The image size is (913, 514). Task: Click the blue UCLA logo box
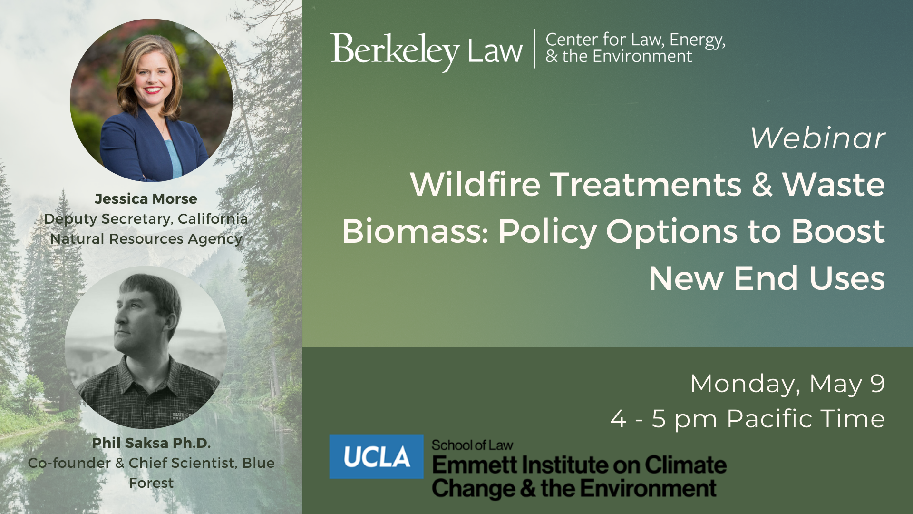pos(376,456)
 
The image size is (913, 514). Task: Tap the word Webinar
pos(818,138)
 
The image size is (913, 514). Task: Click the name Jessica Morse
pos(146,198)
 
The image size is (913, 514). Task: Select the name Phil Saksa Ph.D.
pos(151,443)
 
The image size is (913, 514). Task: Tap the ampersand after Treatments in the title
pos(762,185)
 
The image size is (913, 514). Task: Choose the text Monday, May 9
pos(787,384)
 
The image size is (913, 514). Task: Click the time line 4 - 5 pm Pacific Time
pos(748,419)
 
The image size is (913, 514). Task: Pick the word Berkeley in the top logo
pos(395,50)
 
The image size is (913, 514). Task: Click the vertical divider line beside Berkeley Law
pos(534,48)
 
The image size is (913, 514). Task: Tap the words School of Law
pos(472,445)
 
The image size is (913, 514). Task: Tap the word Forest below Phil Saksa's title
pos(151,483)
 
